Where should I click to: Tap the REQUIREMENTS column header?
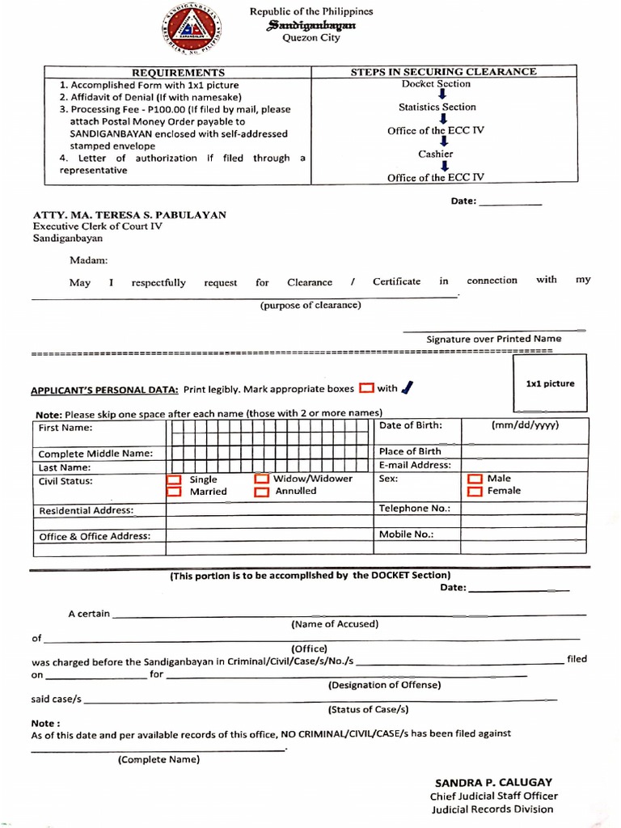coord(178,72)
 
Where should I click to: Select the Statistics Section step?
coord(437,107)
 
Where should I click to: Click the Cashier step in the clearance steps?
coord(436,154)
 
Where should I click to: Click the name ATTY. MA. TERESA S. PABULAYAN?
coord(129,215)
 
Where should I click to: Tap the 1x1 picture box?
coord(550,383)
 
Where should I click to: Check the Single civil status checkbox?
coord(174,479)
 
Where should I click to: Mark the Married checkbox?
coord(174,492)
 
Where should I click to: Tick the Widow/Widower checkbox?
coord(261,479)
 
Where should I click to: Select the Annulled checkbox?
coord(261,492)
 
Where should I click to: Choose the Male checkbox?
coord(475,479)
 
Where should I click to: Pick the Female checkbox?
coord(475,491)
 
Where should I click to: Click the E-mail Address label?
coord(415,465)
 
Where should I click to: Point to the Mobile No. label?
coord(407,534)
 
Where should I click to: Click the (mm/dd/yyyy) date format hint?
coord(525,425)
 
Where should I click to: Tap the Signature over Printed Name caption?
coord(494,339)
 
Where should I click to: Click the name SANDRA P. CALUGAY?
coord(494,782)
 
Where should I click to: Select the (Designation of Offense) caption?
coord(385,685)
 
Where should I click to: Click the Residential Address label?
coord(87,511)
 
